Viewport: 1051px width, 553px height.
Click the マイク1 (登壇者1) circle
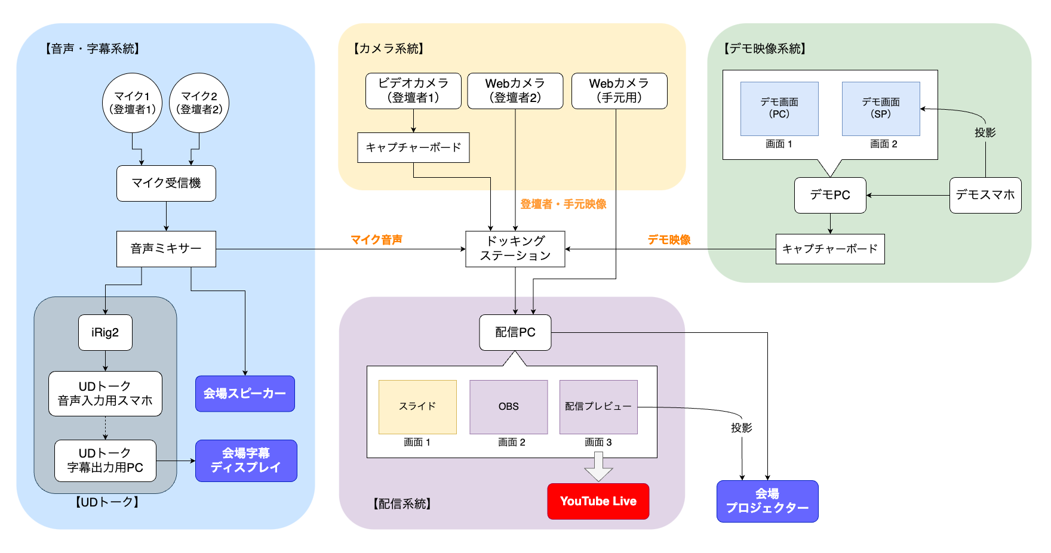point(132,103)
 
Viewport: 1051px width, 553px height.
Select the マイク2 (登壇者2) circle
point(199,103)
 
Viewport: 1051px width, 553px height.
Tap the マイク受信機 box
point(166,183)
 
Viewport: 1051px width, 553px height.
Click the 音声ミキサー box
point(166,249)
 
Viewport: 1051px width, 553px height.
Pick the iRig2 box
point(105,332)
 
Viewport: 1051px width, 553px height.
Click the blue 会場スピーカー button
point(245,394)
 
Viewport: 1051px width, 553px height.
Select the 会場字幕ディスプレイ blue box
point(246,461)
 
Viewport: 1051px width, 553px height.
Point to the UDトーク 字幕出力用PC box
point(105,461)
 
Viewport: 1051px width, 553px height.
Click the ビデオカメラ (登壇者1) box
point(413,91)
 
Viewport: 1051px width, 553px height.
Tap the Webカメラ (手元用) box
point(619,91)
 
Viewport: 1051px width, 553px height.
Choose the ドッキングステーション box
point(515,249)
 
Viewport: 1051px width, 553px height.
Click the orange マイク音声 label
point(376,240)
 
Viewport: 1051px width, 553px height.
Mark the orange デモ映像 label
point(669,240)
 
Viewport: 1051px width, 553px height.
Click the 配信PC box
point(515,332)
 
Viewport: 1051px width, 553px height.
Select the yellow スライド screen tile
point(417,407)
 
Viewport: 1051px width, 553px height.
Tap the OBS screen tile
point(508,407)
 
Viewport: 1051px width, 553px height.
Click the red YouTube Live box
point(598,501)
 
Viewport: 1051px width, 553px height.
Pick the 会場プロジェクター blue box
point(767,501)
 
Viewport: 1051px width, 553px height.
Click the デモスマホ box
point(985,195)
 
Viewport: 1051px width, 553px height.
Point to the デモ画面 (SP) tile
point(881,109)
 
